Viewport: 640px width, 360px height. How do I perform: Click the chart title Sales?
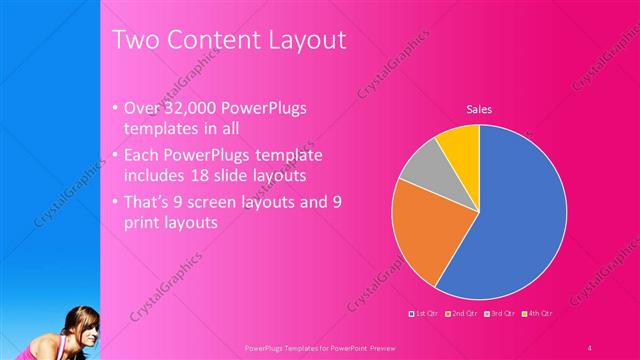(x=480, y=109)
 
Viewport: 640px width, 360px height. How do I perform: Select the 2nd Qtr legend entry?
(x=461, y=314)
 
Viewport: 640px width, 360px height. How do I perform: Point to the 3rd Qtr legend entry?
(x=499, y=314)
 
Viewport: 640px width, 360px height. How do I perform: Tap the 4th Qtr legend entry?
(x=537, y=314)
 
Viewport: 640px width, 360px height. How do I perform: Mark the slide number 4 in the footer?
(x=590, y=347)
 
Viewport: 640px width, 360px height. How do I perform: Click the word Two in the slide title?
(x=132, y=40)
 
